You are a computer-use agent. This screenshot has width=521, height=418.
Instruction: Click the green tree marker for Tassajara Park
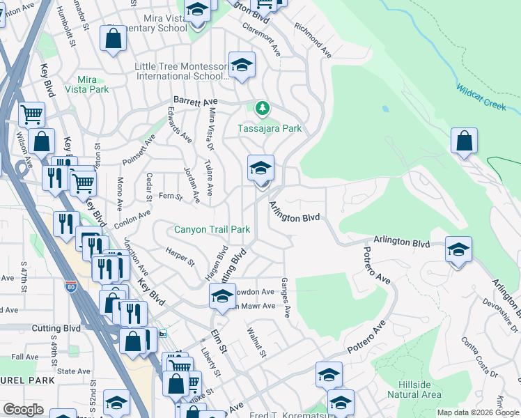(x=262, y=108)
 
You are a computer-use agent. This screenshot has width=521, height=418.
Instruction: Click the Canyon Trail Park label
(x=212, y=229)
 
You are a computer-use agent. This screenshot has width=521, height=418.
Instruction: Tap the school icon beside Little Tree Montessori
(x=242, y=65)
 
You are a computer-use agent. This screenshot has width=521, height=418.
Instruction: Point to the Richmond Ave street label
(x=312, y=41)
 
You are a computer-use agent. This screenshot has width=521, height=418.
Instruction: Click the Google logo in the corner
(x=23, y=410)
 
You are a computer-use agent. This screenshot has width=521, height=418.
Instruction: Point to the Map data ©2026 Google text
(x=478, y=412)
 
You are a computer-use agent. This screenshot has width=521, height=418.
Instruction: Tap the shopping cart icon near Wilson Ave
(x=31, y=114)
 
